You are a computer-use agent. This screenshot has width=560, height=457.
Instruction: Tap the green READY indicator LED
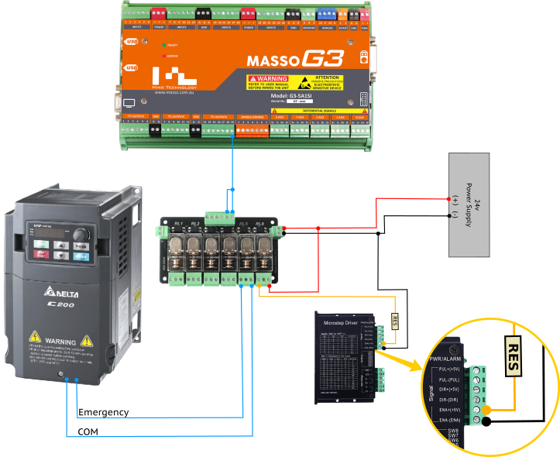163,46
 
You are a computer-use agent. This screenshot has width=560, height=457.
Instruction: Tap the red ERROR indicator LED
163,56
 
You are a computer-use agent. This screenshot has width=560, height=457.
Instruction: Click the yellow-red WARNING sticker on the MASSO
267,82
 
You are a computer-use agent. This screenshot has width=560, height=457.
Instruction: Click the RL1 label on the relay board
178,223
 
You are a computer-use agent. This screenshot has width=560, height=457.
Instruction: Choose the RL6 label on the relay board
260,223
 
